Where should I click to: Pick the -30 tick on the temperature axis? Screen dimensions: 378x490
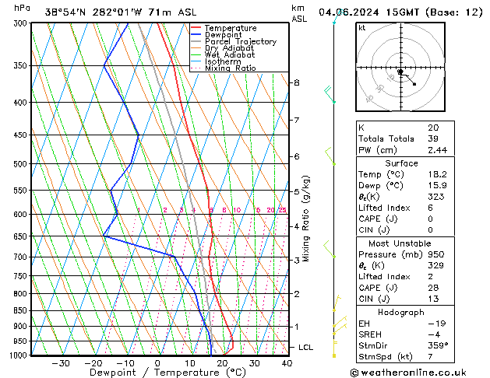click(61, 362)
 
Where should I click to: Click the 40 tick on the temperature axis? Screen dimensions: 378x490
click(287, 362)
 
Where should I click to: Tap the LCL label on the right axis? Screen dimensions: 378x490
click(306, 347)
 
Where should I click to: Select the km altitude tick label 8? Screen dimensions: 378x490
click(297, 82)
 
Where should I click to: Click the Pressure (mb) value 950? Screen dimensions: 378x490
click(435, 254)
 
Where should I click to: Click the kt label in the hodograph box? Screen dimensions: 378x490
click(361, 28)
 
